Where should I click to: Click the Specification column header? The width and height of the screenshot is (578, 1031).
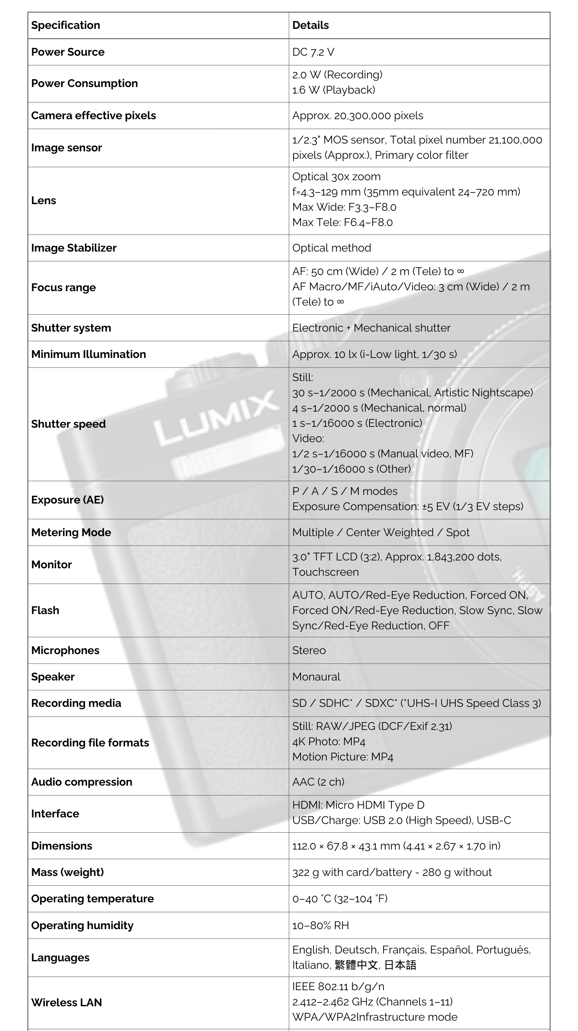[66, 25]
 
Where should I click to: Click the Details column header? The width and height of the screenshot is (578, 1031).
[310, 25]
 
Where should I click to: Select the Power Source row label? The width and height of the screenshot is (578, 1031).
[68, 52]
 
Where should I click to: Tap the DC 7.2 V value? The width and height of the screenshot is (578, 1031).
[313, 52]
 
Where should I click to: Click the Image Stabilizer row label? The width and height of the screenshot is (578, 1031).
[74, 248]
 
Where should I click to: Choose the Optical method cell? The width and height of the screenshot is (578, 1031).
[332, 248]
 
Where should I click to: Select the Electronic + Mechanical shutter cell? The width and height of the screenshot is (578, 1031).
[371, 328]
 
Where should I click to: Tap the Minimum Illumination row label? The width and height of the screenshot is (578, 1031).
[88, 354]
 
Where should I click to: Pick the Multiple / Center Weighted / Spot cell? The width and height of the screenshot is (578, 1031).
[381, 532]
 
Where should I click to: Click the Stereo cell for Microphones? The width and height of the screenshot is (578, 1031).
[309, 650]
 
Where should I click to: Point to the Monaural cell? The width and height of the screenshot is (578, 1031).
[316, 677]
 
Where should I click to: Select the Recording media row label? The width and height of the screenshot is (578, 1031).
[76, 703]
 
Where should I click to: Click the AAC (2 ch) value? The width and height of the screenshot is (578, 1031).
[318, 782]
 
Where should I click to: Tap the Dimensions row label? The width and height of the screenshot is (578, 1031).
[62, 846]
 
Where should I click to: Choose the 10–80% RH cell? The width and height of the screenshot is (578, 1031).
[320, 925]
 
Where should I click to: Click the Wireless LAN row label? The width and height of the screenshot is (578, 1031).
[66, 1003]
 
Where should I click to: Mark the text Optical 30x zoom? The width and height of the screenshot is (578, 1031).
[336, 177]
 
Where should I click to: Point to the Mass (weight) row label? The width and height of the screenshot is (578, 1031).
[67, 872]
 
